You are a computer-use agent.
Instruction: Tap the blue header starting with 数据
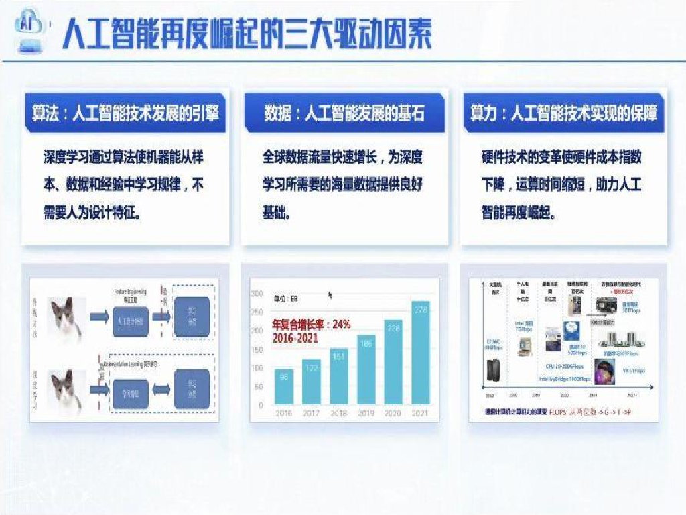[x=344, y=113]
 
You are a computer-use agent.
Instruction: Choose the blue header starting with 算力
[x=563, y=113]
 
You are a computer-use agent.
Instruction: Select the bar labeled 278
[x=420, y=353]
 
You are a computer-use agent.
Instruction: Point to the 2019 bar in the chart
[x=366, y=370]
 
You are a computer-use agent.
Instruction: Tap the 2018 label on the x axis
[x=338, y=413]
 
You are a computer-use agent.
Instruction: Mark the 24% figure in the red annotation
[x=341, y=325]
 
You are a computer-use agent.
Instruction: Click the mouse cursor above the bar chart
[x=330, y=294]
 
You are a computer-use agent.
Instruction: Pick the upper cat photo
[x=66, y=320]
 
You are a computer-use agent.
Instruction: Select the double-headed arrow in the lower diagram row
[x=153, y=389]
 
